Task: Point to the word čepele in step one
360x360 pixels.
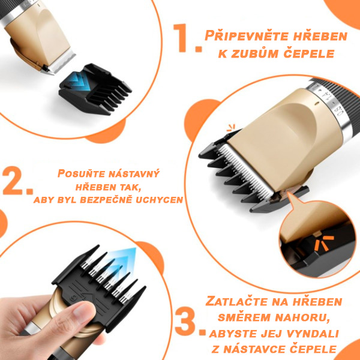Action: (308, 54)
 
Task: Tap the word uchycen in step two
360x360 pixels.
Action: (160, 200)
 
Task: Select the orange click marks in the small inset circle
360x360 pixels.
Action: (324, 244)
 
